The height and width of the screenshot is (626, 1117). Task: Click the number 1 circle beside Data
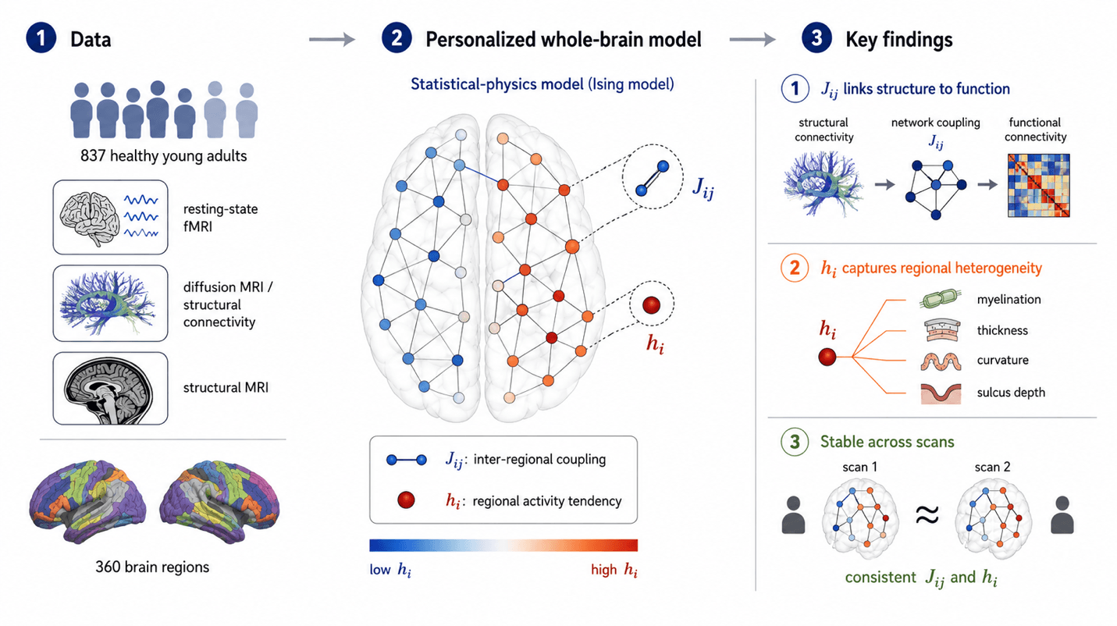[41, 38]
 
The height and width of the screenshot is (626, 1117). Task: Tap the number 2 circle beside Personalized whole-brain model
[397, 38]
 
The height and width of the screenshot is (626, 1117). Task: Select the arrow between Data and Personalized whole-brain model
[332, 39]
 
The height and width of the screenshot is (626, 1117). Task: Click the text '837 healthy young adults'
[164, 156]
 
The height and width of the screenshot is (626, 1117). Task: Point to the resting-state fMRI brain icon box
[110, 218]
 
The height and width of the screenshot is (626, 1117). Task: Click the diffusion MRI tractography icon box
[110, 304]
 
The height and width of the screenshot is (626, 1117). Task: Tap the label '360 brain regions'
[152, 567]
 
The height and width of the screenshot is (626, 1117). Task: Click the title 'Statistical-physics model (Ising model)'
[542, 84]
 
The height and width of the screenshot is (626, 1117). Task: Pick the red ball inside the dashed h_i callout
[651, 304]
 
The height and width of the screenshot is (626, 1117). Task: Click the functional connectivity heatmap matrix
[1039, 186]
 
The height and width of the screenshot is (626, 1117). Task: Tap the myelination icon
[940, 299]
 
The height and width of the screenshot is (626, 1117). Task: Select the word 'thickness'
[1002, 330]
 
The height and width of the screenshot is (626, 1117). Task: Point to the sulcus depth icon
[941, 393]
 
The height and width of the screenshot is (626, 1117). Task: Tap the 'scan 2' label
[992, 467]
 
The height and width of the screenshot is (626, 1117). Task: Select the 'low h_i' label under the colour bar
[390, 570]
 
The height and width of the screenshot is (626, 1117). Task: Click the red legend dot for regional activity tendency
[406, 500]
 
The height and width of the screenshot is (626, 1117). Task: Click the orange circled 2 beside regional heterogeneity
[795, 268]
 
